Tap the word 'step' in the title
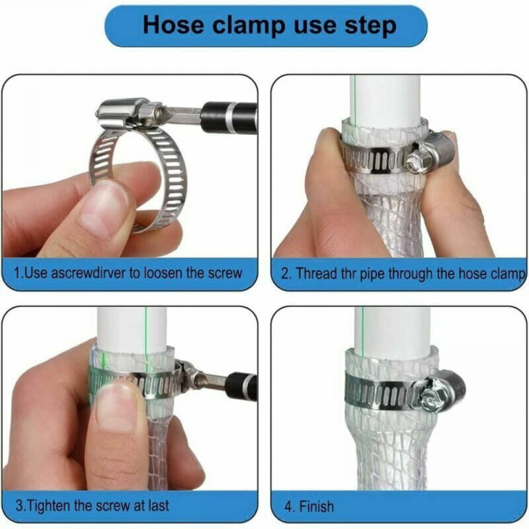[370, 26]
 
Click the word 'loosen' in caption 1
[163, 272]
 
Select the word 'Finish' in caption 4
[317, 507]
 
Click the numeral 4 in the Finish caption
[288, 507]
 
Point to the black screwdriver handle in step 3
[240, 386]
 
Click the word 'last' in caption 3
[158, 505]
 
